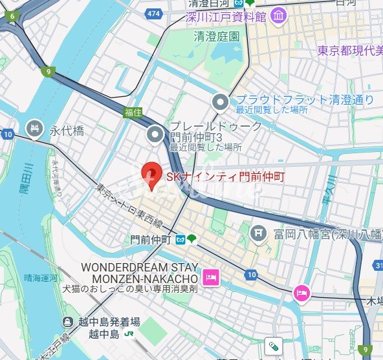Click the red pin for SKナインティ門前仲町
[x=150, y=174]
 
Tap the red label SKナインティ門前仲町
[x=226, y=176]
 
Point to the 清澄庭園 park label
[x=217, y=37]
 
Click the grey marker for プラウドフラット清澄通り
[x=221, y=101]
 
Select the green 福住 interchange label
[x=133, y=112]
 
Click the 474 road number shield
[x=153, y=13]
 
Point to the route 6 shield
[x=12, y=16]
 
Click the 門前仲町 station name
[x=150, y=239]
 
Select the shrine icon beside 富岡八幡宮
[x=258, y=231]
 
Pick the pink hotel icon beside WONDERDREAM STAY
[x=211, y=277]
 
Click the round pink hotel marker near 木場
[x=301, y=292]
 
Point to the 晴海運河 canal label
[x=41, y=277]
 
